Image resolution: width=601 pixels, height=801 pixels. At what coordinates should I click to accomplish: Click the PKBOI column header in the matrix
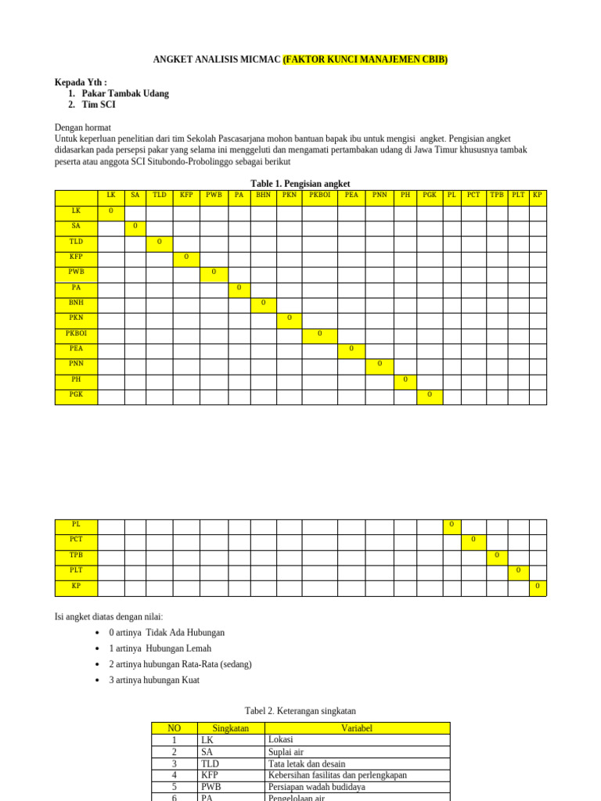(x=320, y=195)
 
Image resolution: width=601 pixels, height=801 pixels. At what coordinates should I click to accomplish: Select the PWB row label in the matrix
(x=76, y=272)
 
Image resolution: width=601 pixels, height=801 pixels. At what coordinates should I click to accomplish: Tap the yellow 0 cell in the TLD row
(x=159, y=242)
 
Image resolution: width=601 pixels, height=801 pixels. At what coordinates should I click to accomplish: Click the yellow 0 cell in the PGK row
(x=430, y=395)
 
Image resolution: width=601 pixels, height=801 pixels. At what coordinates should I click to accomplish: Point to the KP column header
(x=538, y=195)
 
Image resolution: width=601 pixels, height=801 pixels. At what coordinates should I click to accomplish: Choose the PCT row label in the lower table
(x=76, y=540)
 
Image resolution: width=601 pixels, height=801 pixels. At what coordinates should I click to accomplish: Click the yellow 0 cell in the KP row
(x=538, y=586)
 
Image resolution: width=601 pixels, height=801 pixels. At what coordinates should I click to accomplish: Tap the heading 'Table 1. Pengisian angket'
(x=300, y=184)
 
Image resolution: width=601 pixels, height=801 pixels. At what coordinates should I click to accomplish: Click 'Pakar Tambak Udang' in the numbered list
(x=125, y=94)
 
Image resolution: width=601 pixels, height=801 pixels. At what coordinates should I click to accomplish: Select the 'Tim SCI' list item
(x=99, y=105)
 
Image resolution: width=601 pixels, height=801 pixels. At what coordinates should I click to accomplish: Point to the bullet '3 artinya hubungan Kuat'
(x=154, y=681)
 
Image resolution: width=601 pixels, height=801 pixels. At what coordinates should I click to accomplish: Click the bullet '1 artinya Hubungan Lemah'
(x=160, y=648)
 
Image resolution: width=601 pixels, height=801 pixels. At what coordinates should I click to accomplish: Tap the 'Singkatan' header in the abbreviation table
(x=231, y=728)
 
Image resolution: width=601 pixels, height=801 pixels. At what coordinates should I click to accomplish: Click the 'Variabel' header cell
(x=357, y=728)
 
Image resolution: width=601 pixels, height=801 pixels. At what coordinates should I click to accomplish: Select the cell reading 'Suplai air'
(x=286, y=752)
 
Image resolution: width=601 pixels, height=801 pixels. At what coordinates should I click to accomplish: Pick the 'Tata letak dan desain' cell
(x=306, y=763)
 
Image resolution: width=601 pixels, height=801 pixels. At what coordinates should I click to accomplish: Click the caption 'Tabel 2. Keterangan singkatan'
(x=300, y=711)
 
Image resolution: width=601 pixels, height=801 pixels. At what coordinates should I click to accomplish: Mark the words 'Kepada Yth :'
(x=81, y=83)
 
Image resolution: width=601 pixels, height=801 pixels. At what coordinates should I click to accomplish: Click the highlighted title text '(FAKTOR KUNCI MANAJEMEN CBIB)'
(x=365, y=60)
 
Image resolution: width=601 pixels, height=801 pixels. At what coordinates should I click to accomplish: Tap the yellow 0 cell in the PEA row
(x=351, y=349)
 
